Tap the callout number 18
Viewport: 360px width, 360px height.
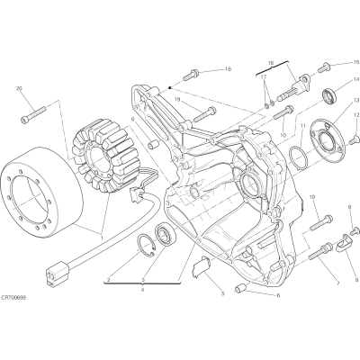coord(228,69)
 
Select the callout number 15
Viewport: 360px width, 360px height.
coord(355,62)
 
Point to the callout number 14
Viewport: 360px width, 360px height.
coord(355,79)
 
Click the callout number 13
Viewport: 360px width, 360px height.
coord(355,100)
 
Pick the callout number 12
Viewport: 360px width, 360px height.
coord(355,114)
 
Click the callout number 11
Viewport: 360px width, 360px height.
coord(303,125)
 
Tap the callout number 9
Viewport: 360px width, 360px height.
coord(349,207)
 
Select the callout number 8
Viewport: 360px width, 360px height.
coord(356,279)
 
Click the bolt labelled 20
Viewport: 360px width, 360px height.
coord(33,114)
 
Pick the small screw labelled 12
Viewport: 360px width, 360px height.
coord(354,139)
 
